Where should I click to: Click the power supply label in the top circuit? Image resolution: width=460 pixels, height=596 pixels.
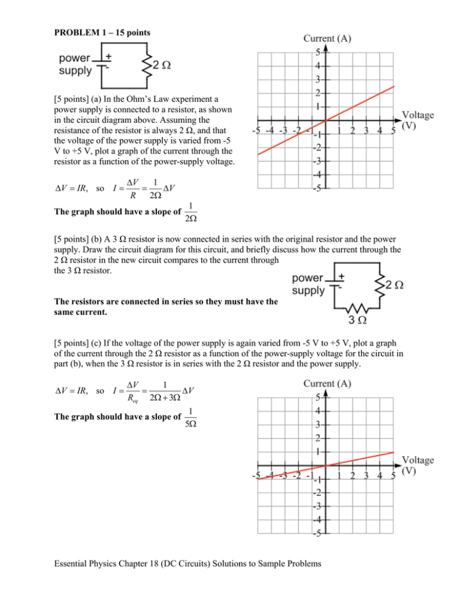click(75, 65)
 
